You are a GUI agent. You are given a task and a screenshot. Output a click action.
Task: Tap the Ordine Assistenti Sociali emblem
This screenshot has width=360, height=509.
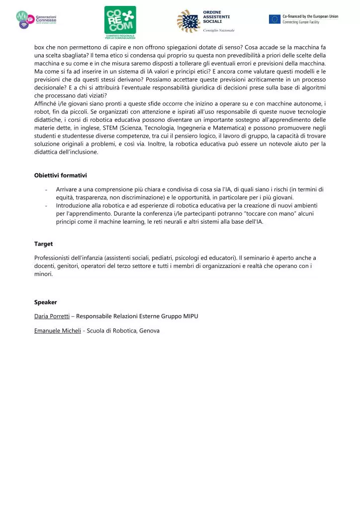[188, 20]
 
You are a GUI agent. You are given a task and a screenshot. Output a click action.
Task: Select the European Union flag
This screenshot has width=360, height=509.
[274, 19]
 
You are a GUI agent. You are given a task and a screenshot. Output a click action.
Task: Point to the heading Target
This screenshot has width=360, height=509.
[43, 244]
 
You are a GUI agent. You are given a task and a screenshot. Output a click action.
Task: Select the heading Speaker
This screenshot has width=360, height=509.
[45, 302]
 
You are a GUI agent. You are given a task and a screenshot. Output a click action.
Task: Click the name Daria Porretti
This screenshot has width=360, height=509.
[52, 316]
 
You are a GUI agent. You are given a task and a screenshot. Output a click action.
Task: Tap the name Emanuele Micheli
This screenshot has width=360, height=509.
[57, 331]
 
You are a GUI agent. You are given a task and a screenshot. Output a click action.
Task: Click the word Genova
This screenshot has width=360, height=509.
[150, 331]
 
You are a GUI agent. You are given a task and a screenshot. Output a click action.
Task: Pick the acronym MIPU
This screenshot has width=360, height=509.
[190, 316]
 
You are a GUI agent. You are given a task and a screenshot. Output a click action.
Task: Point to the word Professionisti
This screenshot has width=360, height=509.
[54, 258]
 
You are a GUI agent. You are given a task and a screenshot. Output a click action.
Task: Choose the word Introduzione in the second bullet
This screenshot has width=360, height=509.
[74, 205]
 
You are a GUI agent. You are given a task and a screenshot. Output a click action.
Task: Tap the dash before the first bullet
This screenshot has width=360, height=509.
[46, 189]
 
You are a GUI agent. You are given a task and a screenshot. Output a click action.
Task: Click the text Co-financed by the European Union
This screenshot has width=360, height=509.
[310, 16]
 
